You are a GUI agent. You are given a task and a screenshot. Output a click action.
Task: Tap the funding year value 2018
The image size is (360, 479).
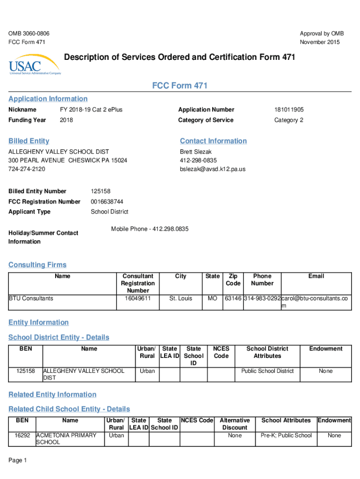point(66,120)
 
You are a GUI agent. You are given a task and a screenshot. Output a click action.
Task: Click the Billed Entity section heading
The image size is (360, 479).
point(29,141)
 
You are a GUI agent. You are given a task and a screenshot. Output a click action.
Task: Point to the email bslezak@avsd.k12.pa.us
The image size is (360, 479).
point(212,169)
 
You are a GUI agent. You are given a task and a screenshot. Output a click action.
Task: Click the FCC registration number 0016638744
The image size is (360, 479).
point(107,202)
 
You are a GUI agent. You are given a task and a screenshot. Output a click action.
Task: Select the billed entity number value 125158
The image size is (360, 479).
point(101,191)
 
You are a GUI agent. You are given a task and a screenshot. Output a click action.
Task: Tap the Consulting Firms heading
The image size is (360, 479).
point(37,265)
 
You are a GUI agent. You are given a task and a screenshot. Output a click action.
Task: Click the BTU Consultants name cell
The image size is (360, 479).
point(31,298)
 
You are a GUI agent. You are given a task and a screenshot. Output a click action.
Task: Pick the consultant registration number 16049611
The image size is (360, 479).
point(137,298)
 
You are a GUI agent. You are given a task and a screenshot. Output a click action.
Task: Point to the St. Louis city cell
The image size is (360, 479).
point(180,298)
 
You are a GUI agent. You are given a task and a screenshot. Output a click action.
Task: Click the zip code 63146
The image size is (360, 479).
point(233,298)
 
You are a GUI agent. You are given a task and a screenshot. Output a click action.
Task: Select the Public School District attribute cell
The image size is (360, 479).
point(267,371)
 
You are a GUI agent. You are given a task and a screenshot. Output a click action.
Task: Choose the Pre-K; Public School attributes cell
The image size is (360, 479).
point(286,435)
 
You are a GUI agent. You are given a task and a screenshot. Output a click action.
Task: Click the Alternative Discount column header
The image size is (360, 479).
point(235,424)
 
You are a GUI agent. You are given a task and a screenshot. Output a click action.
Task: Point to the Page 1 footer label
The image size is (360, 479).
point(18,461)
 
